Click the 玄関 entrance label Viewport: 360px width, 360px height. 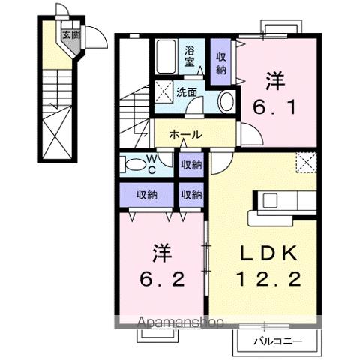pos(70,34)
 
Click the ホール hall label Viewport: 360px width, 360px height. pos(184,135)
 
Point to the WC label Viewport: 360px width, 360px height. pos(151,163)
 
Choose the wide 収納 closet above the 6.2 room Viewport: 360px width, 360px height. pos(146,195)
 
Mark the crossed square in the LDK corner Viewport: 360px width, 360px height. pos(307,163)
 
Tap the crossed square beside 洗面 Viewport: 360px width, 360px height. pos(164,94)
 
